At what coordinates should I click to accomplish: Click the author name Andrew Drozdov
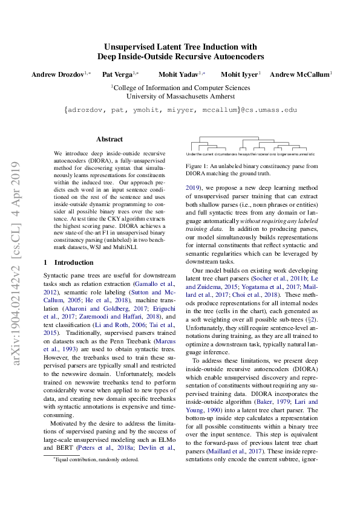57,74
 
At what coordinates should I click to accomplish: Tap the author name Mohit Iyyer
239,74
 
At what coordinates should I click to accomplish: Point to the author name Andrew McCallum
299,74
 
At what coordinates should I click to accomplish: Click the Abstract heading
110,139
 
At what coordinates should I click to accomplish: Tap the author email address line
180,111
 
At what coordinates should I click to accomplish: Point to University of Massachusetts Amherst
180,96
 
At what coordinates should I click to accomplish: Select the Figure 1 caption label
198,166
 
